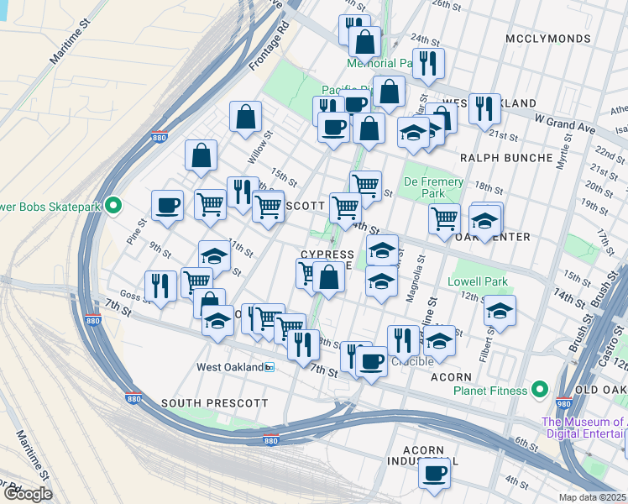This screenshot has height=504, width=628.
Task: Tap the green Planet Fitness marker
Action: pos(539,390)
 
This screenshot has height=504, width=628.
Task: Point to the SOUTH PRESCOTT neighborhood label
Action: pos(214,404)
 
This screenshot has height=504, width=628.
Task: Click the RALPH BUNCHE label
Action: pos(506,157)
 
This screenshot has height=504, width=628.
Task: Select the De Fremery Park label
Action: pos(433,187)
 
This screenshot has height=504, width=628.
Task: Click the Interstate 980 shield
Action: pos(564,402)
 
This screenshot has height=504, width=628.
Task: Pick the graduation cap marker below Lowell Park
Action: pos(499,311)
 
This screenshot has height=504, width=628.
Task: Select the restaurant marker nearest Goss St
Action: pos(160,285)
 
